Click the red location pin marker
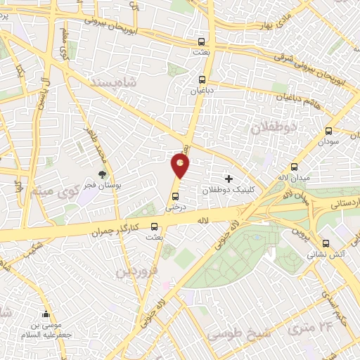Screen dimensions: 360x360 point(181,166)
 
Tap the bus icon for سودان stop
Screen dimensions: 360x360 point(328,131)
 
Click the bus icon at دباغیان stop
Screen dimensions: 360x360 point(202,79)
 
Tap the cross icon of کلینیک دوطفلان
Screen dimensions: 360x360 point(229,179)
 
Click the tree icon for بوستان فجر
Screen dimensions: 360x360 point(103,174)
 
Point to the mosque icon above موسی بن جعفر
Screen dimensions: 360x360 point(46,314)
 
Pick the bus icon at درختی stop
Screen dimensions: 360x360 point(175,197)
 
